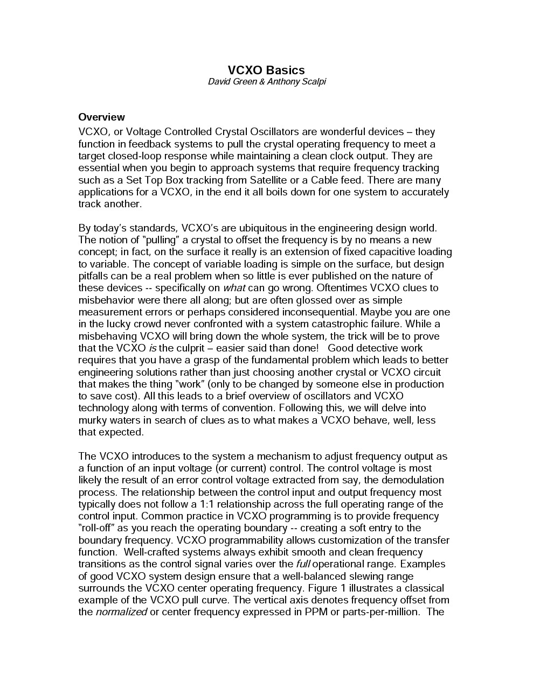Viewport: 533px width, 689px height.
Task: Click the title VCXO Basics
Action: pyautogui.click(x=266, y=70)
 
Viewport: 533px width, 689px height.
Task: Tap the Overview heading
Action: pyautogui.click(x=101, y=117)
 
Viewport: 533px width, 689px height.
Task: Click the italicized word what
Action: pyautogui.click(x=234, y=288)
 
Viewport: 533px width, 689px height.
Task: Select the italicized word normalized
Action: pyautogui.click(x=121, y=612)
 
